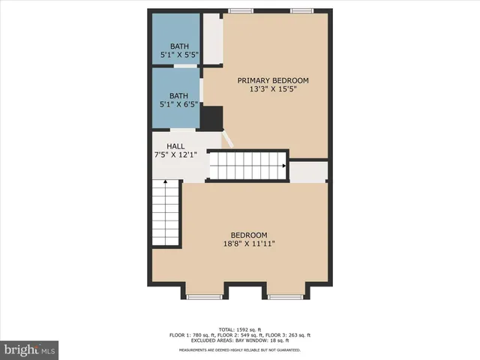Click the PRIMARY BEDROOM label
pos(273,80)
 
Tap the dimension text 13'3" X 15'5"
pos(273,89)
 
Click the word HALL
pos(175,146)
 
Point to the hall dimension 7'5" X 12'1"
pos(175,155)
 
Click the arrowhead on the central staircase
pos(283,166)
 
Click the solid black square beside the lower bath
pos(212,118)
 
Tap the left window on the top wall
pos(240,10)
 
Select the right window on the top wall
pos(301,10)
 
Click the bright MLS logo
pos(30,349)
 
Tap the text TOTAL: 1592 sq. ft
pos(239,329)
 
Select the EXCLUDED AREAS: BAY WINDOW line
pos(239,340)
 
